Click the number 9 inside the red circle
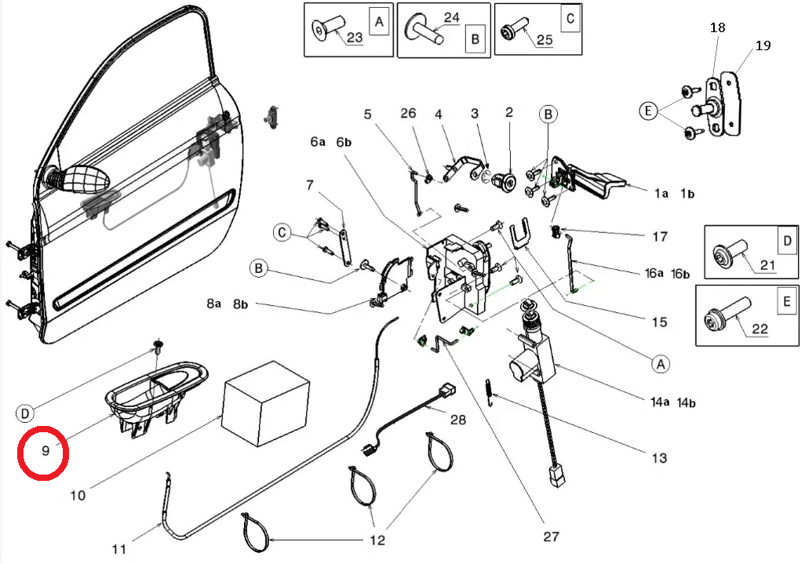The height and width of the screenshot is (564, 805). [46, 450]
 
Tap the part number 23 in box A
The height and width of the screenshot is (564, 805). [355, 37]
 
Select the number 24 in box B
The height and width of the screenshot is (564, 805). [451, 18]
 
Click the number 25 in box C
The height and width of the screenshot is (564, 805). [545, 39]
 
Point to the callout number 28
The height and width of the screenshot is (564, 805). [458, 420]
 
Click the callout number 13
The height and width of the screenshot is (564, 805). [659, 458]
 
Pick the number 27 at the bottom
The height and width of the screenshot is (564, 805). [551, 537]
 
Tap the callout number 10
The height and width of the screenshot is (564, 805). [78, 496]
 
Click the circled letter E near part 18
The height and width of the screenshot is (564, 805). [648, 111]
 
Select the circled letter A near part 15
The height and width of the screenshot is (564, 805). [661, 365]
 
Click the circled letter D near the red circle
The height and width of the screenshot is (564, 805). [24, 413]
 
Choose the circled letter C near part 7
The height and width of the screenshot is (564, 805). [282, 232]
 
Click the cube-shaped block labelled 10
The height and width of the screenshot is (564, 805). [266, 402]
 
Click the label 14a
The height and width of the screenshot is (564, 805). [659, 402]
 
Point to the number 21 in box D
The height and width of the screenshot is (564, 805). [767, 265]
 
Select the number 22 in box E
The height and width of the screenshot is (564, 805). [759, 329]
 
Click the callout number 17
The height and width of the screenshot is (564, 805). [660, 237]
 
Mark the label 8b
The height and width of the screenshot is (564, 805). [240, 304]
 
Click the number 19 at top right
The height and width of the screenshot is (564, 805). [763, 45]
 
